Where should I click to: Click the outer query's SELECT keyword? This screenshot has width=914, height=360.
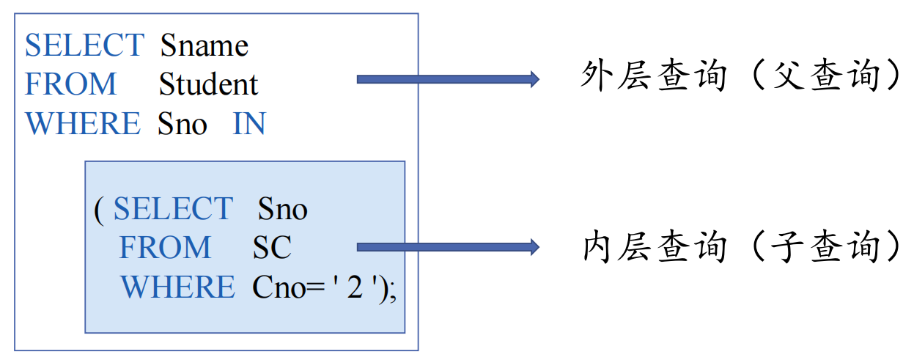[x=84, y=45]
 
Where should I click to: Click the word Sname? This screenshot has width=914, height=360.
[x=204, y=46]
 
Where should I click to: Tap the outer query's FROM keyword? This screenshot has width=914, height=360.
[x=70, y=84]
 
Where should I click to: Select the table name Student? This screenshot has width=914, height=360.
[x=208, y=84]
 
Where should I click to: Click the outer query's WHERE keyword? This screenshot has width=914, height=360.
[x=82, y=124]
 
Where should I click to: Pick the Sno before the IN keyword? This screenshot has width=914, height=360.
[x=182, y=124]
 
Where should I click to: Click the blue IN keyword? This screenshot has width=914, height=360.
[x=248, y=124]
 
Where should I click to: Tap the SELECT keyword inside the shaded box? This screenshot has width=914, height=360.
[x=172, y=210]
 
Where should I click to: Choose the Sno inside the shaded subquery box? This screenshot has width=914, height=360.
[x=282, y=210]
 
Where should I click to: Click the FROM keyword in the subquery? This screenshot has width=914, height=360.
[x=165, y=248]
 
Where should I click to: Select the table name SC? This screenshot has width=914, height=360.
[x=272, y=248]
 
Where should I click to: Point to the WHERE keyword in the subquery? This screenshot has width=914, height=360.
[x=177, y=287]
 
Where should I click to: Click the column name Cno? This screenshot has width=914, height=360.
[x=274, y=287]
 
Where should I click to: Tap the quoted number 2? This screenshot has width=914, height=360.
[x=355, y=287]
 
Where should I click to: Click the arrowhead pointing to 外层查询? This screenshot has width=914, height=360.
[x=534, y=79]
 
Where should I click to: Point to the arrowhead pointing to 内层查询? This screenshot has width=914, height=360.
[x=534, y=247]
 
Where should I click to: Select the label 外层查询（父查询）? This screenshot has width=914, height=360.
[x=740, y=77]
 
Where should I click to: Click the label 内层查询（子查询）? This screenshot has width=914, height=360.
[x=740, y=247]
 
